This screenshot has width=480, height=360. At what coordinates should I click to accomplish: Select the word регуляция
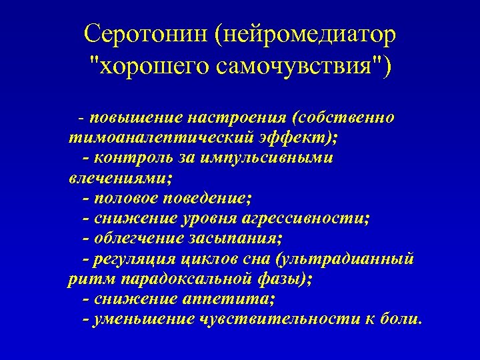pyautogui.click(x=142, y=258)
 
